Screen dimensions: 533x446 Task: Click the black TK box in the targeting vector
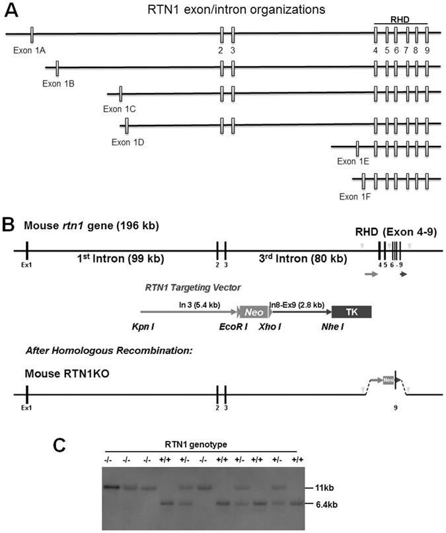click(x=352, y=312)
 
